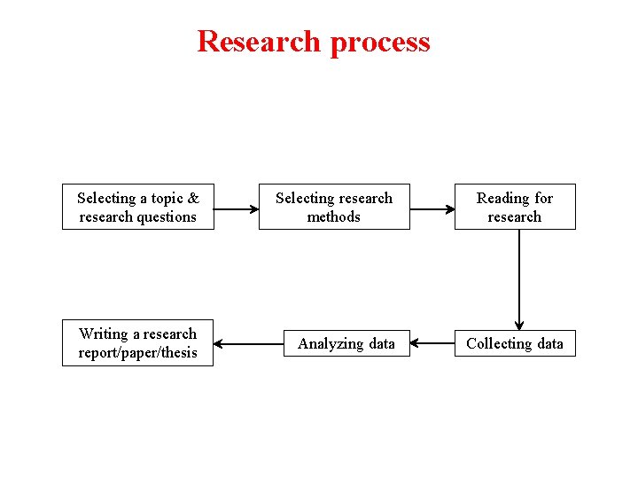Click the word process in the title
coord(380,43)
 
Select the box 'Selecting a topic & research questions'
coord(137,207)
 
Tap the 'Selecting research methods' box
coord(334,207)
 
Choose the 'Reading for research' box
coord(515,207)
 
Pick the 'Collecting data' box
coord(515,343)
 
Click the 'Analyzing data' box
coord(346,343)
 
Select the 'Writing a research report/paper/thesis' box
coord(137,343)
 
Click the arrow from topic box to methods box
coord(236,210)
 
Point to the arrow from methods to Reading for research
coord(432,210)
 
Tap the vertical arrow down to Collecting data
coord(519,279)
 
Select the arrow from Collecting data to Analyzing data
coord(432,343)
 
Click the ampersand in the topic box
coord(193,198)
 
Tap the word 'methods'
coord(334,216)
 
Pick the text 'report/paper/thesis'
coord(137,353)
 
